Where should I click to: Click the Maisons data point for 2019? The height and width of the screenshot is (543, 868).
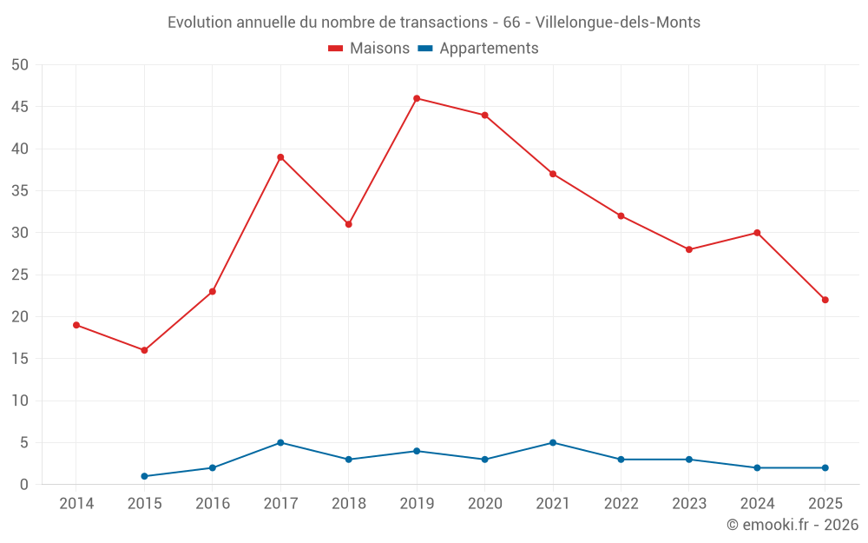pyautogui.click(x=417, y=99)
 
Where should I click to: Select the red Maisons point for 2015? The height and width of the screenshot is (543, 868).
pyautogui.click(x=144, y=350)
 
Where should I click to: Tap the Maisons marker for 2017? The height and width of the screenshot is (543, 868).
pyautogui.click(x=280, y=157)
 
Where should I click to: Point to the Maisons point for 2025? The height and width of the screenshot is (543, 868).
pyautogui.click(x=825, y=300)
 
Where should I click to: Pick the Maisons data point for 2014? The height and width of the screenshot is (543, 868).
pyautogui.click(x=76, y=325)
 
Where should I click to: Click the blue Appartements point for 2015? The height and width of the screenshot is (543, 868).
pyautogui.click(x=144, y=476)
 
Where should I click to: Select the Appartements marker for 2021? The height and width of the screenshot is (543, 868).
pyautogui.click(x=553, y=443)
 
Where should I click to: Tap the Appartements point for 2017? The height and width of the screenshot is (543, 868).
pyautogui.click(x=280, y=443)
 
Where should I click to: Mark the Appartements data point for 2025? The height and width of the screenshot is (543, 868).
pyautogui.click(x=825, y=467)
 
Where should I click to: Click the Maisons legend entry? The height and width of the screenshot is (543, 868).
pyautogui.click(x=369, y=48)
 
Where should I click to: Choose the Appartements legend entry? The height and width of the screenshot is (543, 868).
pyautogui.click(x=478, y=48)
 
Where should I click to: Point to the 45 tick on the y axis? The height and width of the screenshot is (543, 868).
pyautogui.click(x=19, y=106)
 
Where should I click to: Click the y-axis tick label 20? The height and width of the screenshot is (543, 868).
pyautogui.click(x=19, y=316)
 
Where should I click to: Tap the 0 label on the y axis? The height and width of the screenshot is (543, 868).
pyautogui.click(x=23, y=484)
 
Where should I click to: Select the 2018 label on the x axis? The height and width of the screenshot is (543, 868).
pyautogui.click(x=349, y=503)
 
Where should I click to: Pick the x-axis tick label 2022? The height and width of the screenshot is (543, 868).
pyautogui.click(x=621, y=503)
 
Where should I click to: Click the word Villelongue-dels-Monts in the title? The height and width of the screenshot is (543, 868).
pyautogui.click(x=618, y=23)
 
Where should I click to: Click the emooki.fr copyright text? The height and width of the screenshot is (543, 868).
pyautogui.click(x=792, y=524)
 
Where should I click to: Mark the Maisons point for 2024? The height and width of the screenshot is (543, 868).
pyautogui.click(x=757, y=233)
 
